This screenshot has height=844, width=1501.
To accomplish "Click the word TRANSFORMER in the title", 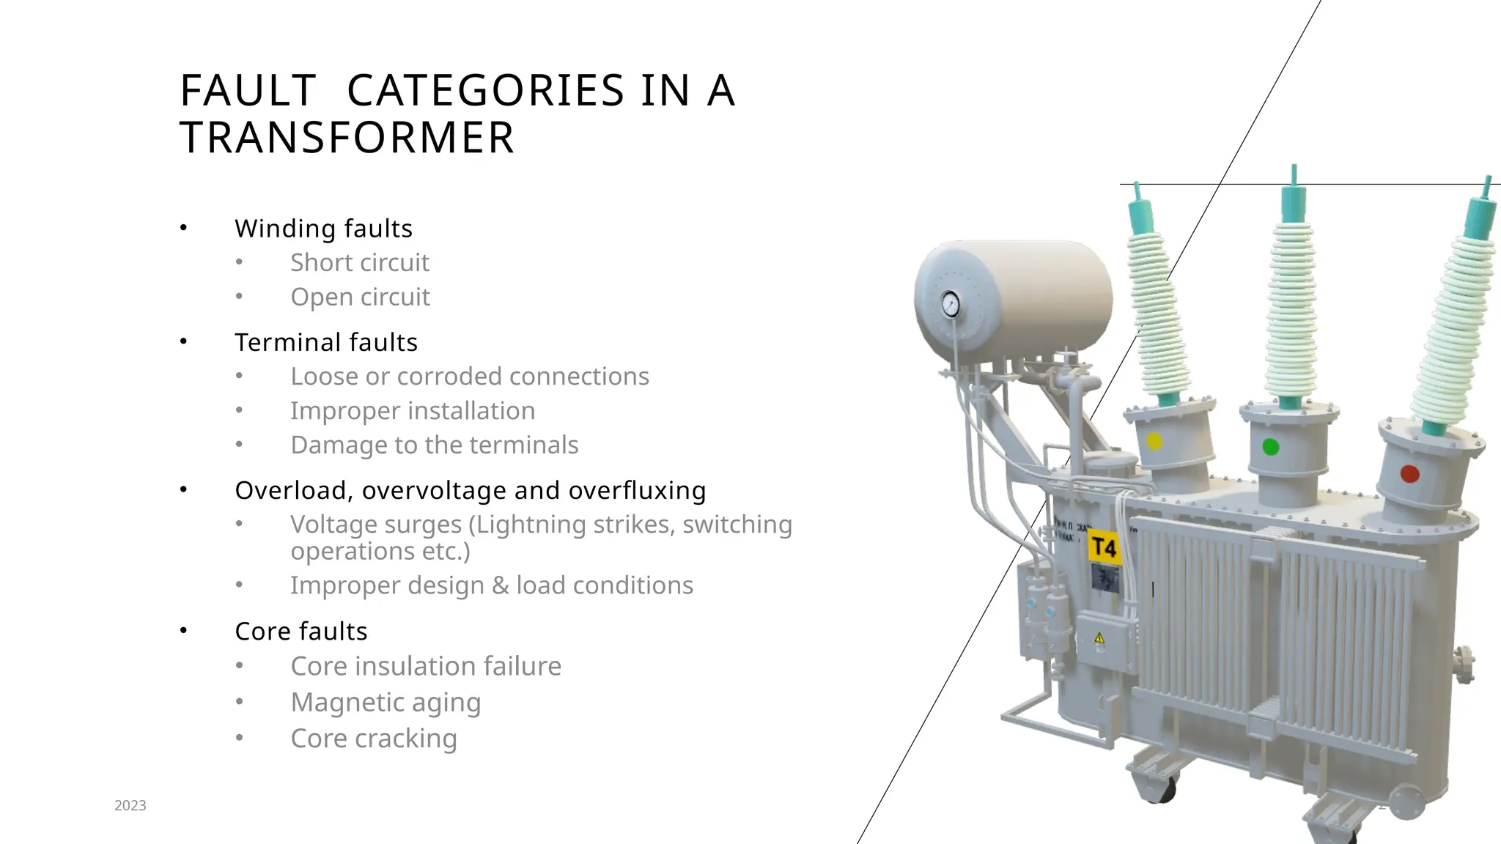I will click(x=347, y=138).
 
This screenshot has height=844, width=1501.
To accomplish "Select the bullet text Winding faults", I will click(x=323, y=229).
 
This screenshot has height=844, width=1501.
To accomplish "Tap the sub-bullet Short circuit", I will click(x=359, y=262).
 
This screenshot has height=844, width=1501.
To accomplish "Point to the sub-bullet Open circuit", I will click(x=360, y=297).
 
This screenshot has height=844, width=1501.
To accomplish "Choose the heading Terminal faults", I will click(x=325, y=342).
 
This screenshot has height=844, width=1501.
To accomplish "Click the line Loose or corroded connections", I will click(x=469, y=376).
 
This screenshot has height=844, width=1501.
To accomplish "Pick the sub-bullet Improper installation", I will click(x=412, y=410).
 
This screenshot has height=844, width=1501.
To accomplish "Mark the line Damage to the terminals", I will click(x=434, y=445).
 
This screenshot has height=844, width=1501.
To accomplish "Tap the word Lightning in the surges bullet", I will click(x=523, y=525).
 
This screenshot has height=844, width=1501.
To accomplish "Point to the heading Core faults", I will click(x=300, y=631).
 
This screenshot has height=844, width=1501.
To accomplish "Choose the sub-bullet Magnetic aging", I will click(x=386, y=702).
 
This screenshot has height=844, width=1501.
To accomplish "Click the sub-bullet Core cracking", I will click(x=373, y=738).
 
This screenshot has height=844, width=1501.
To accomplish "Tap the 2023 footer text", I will click(x=130, y=806).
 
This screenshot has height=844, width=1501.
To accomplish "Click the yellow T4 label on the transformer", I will click(x=1104, y=547).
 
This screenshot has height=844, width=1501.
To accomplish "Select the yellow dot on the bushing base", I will click(x=1154, y=442).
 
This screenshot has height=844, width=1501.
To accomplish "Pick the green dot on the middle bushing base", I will click(x=1271, y=447).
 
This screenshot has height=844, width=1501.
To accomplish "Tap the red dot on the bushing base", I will click(x=1409, y=474).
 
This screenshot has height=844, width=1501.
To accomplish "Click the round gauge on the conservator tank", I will click(x=951, y=303).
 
